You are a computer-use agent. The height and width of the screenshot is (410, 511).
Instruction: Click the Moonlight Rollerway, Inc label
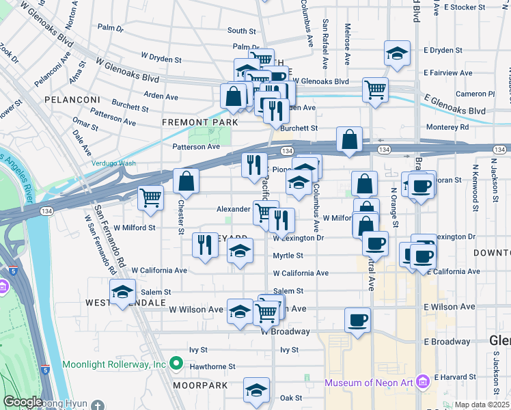[x=114, y=364]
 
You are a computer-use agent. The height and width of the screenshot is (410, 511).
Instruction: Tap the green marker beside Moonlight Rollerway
[x=176, y=364]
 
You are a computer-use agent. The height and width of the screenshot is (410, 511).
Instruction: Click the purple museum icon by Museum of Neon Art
[x=422, y=380]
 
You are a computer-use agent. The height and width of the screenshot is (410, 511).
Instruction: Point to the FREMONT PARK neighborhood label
[x=199, y=122]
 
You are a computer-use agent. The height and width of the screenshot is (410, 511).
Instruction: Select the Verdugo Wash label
[x=114, y=163]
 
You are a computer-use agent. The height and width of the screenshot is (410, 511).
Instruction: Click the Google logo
[x=23, y=402]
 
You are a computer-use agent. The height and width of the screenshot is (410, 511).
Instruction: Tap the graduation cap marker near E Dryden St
[x=396, y=53]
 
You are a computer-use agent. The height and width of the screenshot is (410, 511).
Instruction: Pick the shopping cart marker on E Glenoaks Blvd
[x=376, y=88]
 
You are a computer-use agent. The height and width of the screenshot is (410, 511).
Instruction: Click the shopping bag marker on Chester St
[x=186, y=181]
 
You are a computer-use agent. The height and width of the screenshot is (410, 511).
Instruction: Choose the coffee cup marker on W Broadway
[x=357, y=320]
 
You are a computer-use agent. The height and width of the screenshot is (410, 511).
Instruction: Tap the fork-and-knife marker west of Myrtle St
[x=205, y=245]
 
